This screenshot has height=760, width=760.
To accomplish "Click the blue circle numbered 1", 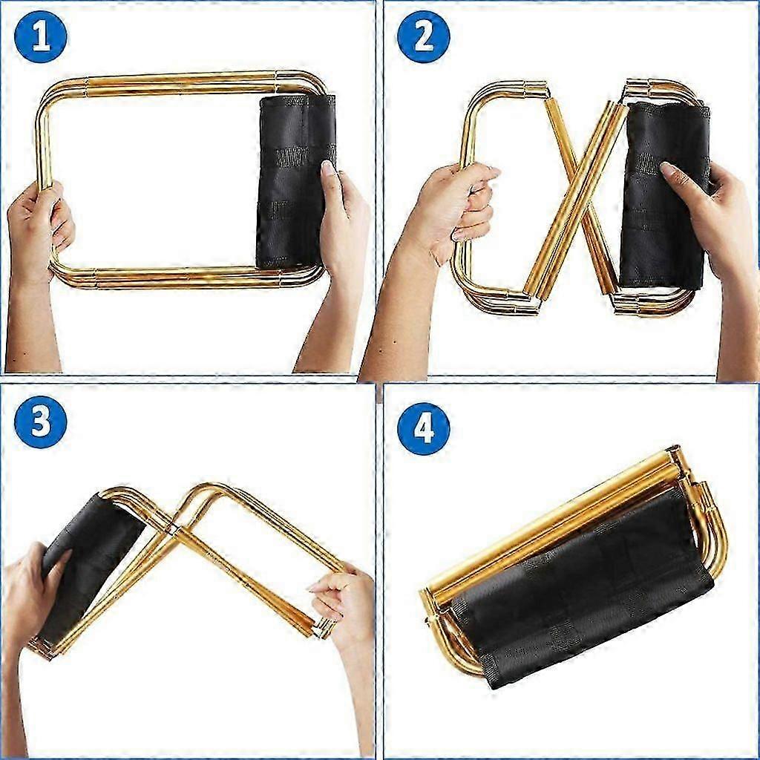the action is click(x=41, y=37).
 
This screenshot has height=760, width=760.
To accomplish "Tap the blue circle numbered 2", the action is click(x=424, y=37).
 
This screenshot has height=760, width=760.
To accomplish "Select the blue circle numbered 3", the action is click(x=41, y=422).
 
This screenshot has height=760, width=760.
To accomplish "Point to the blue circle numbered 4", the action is click(x=424, y=428).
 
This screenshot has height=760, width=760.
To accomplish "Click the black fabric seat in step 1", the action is click(x=295, y=181).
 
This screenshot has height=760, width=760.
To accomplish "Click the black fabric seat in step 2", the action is click(x=664, y=196).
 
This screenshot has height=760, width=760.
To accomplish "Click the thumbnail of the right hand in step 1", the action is click(x=328, y=168).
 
